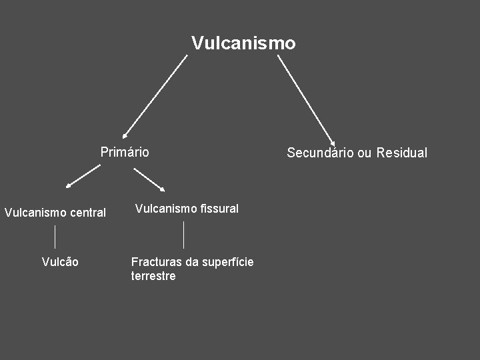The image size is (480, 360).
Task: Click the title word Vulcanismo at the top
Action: click(243, 43)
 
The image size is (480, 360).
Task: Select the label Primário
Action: click(125, 152)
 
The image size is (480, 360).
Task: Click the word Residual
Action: click(401, 153)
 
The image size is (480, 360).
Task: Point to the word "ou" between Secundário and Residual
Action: click(365, 153)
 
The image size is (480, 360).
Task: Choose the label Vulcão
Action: click(60, 262)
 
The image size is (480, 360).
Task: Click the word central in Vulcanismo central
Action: click(88, 213)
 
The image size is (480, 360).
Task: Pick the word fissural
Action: click(219, 209)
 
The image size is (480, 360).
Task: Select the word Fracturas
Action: click(156, 262)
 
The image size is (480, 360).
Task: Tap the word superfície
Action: click(227, 262)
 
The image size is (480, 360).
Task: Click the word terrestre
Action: click(153, 276)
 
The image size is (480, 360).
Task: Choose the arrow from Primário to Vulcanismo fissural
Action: click(149, 179)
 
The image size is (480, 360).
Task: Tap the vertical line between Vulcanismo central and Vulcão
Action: click(55, 237)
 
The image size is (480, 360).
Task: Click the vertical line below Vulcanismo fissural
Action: click(183, 235)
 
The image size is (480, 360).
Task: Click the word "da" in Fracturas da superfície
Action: click(191, 262)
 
